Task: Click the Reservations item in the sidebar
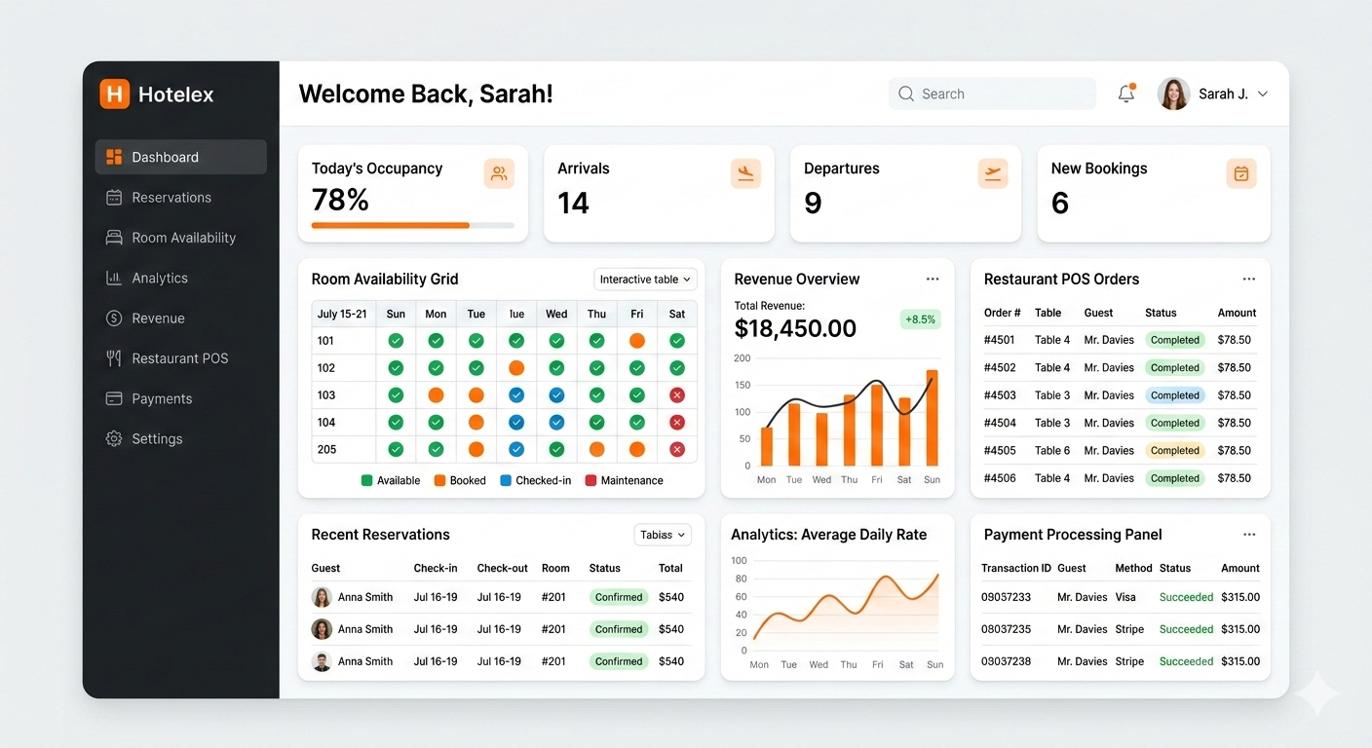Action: [171, 198]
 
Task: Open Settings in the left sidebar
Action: [156, 439]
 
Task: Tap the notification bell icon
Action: [1125, 93]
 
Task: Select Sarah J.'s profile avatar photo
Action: [1173, 93]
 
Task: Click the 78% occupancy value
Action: [340, 200]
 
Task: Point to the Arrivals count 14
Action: [573, 203]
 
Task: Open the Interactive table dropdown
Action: [645, 280]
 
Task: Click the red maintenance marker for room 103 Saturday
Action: [677, 395]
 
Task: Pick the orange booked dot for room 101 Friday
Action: [636, 341]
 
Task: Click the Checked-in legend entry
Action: [535, 480]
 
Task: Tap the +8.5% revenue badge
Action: [920, 318]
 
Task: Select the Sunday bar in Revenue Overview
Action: [932, 418]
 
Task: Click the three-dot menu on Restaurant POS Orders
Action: [1249, 280]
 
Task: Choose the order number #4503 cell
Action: [1000, 395]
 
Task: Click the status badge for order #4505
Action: [1174, 451]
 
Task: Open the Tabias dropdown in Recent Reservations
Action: [663, 535]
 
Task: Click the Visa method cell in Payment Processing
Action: [1125, 597]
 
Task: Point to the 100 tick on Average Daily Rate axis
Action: [739, 561]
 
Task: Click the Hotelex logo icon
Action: [114, 94]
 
